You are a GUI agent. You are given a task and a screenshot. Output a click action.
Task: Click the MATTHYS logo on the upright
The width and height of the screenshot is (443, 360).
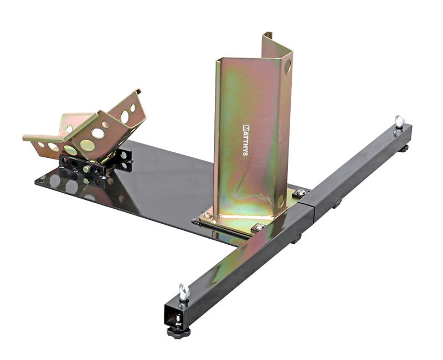click(x=245, y=140)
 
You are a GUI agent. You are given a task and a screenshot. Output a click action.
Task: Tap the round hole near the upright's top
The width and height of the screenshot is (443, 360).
click(x=287, y=66)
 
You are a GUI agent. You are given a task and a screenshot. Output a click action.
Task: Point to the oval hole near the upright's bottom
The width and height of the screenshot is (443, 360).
click(x=281, y=201)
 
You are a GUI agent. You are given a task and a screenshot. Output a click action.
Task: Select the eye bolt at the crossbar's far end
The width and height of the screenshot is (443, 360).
click(x=399, y=121)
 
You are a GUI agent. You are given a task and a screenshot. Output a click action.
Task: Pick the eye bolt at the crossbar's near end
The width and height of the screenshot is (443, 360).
click(x=184, y=292)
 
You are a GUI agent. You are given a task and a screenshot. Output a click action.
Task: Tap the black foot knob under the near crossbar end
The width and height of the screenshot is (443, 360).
click(x=178, y=332)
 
